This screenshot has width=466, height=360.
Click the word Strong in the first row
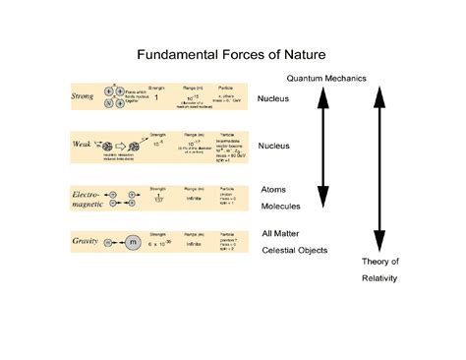click(85, 96)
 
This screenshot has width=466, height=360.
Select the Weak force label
click(83, 143)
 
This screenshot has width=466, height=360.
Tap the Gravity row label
click(85, 239)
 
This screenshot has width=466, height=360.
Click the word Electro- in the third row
click(86, 196)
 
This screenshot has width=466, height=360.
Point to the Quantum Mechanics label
click(326, 77)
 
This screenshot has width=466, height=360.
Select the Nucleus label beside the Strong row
click(274, 99)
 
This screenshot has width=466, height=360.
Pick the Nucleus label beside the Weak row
click(274, 146)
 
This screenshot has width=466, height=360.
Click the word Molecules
click(281, 207)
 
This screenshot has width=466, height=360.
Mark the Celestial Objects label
click(295, 250)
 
